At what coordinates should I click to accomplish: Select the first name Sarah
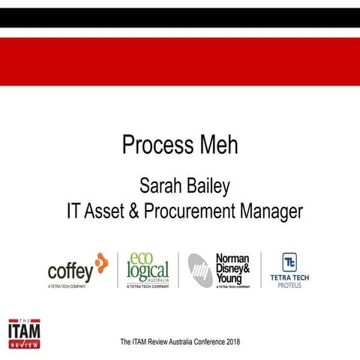tap(160, 185)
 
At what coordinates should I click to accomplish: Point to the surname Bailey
tap(209, 185)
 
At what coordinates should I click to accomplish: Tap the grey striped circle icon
tap(200, 268)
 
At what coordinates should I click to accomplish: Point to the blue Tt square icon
tap(289, 262)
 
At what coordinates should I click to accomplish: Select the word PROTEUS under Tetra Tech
tap(289, 286)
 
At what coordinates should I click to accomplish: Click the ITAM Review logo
tap(24, 331)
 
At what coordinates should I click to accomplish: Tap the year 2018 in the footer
tap(231, 342)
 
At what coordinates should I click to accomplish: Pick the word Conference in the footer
tap(202, 342)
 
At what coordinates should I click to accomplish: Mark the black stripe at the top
tap(180, 16)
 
